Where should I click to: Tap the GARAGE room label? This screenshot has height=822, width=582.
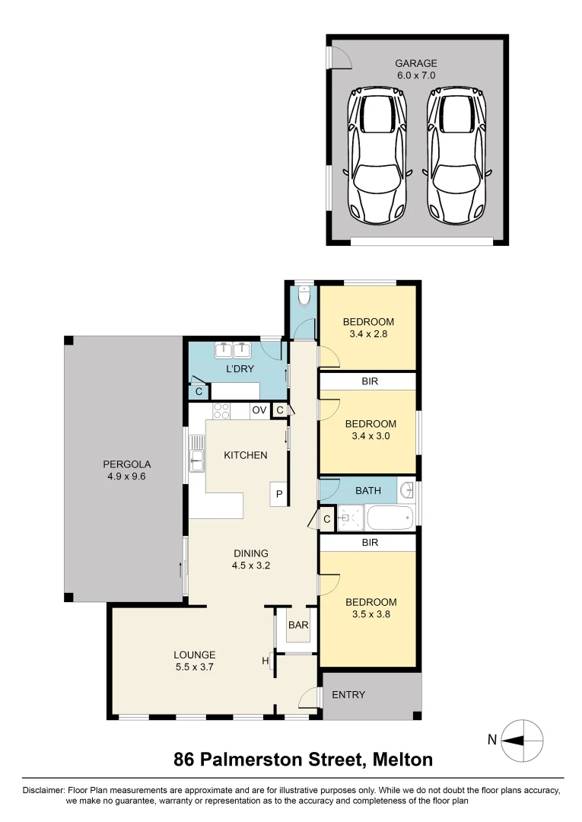[x=416, y=64]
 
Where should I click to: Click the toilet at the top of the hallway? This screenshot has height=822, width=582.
[x=304, y=296]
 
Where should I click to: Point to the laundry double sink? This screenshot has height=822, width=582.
[x=234, y=351]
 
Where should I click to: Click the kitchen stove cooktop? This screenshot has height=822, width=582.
[x=221, y=411]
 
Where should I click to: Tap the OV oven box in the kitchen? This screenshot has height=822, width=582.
[x=259, y=411]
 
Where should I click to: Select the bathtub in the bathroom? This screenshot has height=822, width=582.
[x=390, y=519]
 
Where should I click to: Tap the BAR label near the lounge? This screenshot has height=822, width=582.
[x=297, y=625]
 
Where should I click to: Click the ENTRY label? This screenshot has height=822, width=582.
[x=349, y=695]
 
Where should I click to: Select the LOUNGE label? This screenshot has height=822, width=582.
[x=195, y=655]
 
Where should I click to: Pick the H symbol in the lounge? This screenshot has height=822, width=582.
[x=266, y=661]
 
